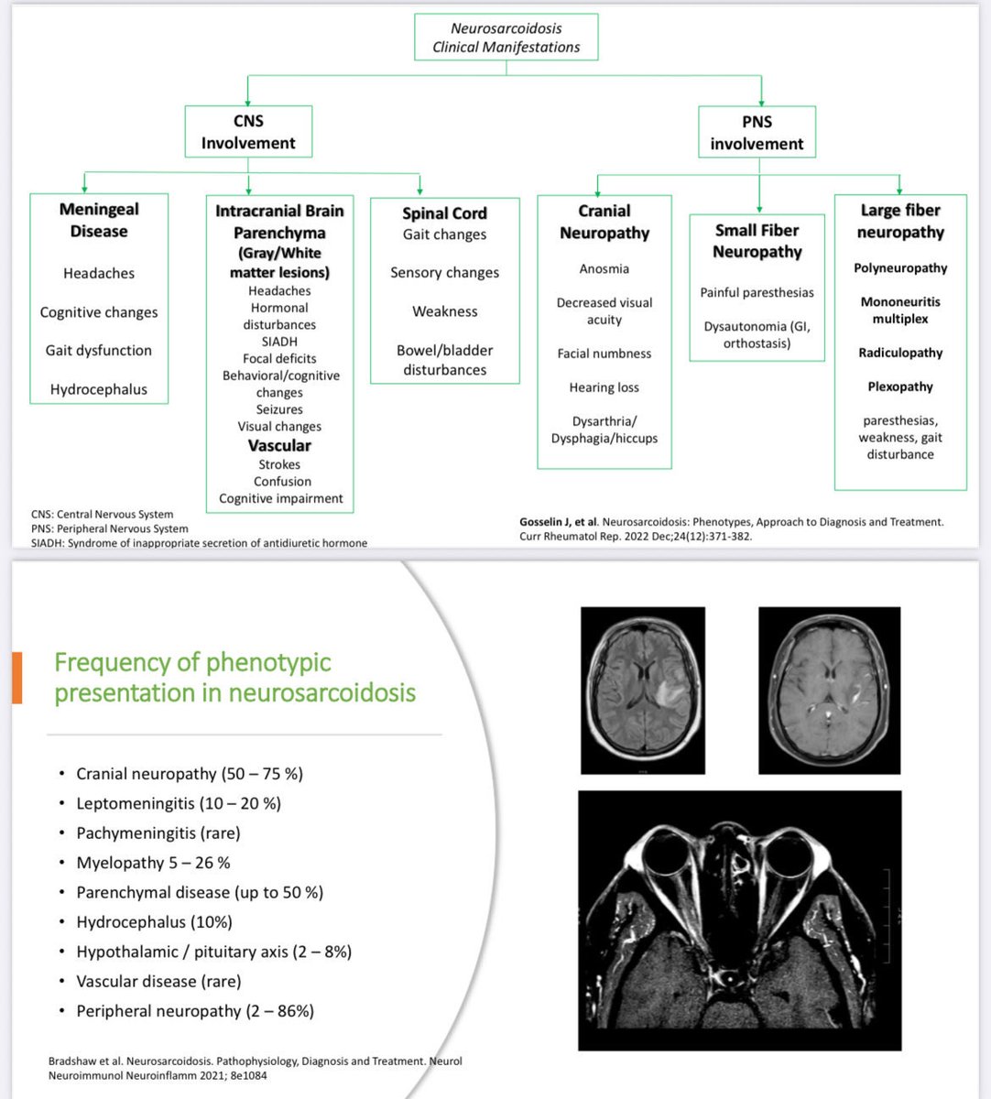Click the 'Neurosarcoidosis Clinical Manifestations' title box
tap(506, 38)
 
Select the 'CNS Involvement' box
tap(248, 132)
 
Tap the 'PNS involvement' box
tap(757, 133)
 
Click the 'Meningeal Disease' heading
tap(99, 220)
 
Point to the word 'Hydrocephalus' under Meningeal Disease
tap(99, 389)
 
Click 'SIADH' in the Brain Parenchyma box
tap(279, 342)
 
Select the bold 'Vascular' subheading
tap(279, 446)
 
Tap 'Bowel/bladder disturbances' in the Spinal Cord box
tap(444, 360)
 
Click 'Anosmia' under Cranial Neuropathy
tap(604, 269)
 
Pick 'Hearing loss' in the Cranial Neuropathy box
tap(604, 387)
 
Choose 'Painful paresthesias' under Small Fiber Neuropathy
tap(757, 293)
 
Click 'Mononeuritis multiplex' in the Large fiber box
tap(900, 310)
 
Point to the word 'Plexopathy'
tap(900, 386)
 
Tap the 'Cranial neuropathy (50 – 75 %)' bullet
tap(190, 774)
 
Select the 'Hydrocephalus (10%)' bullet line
tap(154, 922)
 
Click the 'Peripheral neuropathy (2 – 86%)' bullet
tap(195, 1011)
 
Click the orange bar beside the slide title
tap(16, 678)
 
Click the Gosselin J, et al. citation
tap(731, 528)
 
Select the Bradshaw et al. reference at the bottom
tap(255, 1068)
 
